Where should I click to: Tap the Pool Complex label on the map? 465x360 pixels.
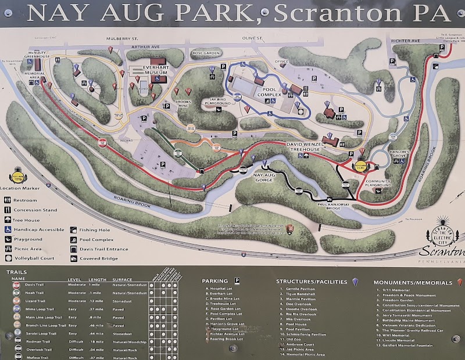click(268, 91)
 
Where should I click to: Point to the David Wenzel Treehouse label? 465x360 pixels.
click(311, 146)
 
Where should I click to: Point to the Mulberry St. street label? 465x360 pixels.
click(121, 39)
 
